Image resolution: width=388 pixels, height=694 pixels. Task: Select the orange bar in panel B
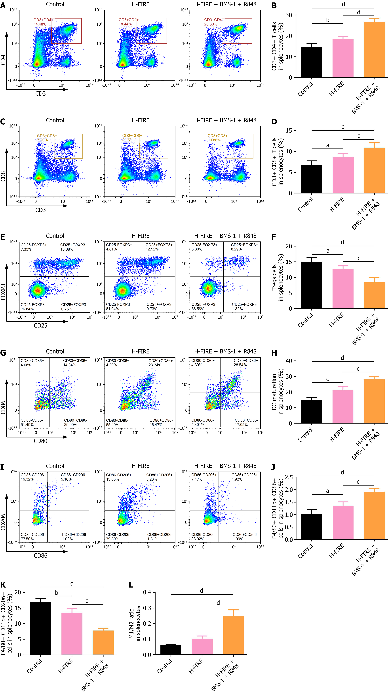[x=374, y=50]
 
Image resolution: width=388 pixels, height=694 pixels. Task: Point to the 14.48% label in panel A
[x=40, y=24]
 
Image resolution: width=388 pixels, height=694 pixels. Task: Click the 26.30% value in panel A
[x=211, y=24]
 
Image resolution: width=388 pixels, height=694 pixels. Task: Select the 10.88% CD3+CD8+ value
[x=214, y=140]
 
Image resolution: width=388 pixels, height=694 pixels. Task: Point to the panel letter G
[x=3, y=353]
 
